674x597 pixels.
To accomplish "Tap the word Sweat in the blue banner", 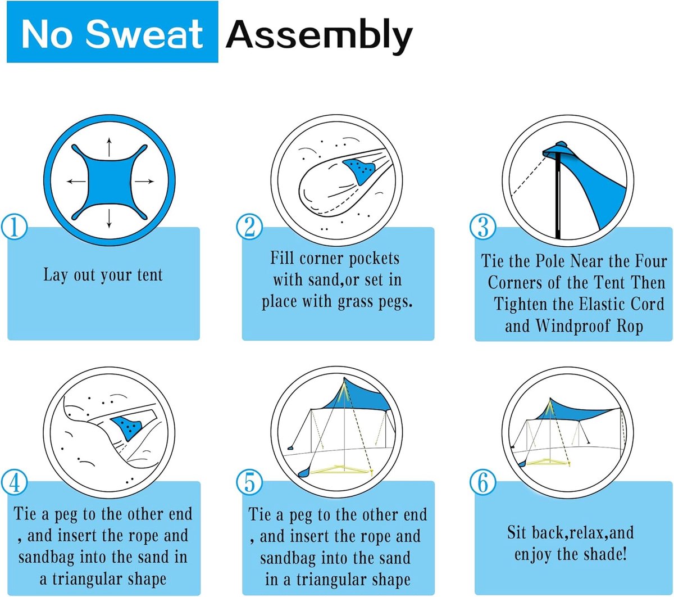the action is pos(144,33).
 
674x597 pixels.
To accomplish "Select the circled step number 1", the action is pos(14,227).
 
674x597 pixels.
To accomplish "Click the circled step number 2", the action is pos(249,227).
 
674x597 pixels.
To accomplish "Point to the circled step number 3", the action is pos(482,227).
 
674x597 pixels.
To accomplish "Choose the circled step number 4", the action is pos(14,482).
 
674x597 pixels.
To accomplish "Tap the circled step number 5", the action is pos(249,482).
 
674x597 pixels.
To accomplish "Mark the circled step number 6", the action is pos(482,482).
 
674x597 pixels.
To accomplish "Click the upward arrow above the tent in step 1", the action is pos(109,147).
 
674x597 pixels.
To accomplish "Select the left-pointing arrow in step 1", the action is pos(76,182).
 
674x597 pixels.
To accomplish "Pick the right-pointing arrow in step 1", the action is pos(144,182).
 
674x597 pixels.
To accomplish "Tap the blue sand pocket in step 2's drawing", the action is pos(359,171).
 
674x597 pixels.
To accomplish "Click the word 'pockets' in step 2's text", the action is pos(374,259).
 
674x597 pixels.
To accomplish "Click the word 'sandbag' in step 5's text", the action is pos(288,558).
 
